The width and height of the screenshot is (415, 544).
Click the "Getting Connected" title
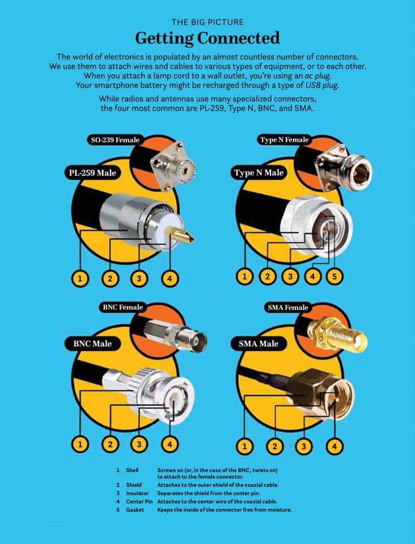207,38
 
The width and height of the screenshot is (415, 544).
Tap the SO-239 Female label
115,140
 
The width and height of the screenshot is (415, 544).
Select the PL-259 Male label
92,172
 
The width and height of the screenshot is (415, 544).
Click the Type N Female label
284,140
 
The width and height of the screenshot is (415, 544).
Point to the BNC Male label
92,344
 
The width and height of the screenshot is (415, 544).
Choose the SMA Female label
287,307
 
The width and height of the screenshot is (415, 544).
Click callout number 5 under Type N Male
334,276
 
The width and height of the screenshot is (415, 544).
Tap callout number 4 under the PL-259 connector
170,278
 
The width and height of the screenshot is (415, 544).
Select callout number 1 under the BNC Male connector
80,444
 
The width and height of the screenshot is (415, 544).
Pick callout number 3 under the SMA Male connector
304,446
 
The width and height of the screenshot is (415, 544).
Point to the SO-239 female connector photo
173,166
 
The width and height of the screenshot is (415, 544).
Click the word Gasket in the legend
135,509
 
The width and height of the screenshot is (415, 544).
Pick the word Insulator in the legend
137,493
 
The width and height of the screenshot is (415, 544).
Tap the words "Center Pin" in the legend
139,501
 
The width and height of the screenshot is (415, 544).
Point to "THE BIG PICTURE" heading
207,22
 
